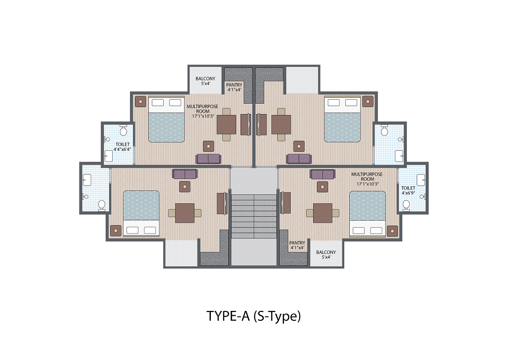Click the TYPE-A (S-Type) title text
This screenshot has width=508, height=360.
(x=254, y=316)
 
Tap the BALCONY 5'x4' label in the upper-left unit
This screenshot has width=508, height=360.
(x=205, y=81)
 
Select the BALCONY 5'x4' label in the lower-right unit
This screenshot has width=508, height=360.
(x=326, y=254)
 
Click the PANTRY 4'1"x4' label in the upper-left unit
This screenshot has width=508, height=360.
(x=234, y=87)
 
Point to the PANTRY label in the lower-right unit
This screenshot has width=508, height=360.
(x=297, y=243)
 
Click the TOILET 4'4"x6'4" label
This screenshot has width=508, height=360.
(x=123, y=147)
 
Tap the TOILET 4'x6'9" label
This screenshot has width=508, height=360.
(x=408, y=190)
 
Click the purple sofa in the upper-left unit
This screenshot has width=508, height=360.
(x=208, y=159)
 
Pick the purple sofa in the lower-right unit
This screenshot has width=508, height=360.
(x=322, y=174)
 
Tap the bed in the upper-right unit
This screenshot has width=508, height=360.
(x=342, y=119)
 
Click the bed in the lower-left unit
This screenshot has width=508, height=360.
(x=141, y=214)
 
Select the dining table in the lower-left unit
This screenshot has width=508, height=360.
(x=185, y=213)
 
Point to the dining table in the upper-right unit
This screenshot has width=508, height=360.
(x=281, y=124)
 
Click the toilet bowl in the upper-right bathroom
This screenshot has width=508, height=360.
(x=384, y=130)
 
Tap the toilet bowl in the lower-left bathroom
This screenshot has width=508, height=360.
(x=102, y=205)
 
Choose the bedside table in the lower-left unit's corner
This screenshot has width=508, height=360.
(x=116, y=231)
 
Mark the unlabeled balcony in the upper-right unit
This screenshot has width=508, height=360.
(x=302, y=80)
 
